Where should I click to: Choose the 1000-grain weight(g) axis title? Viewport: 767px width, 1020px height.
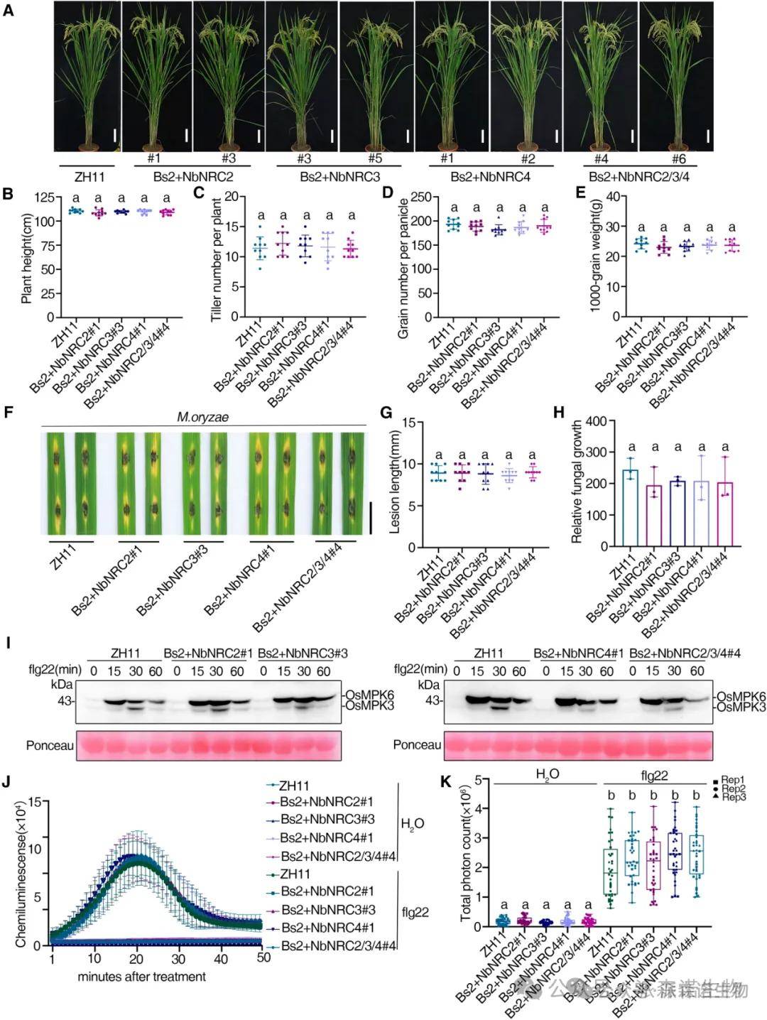click(595, 256)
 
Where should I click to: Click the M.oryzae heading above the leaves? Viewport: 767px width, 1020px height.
click(202, 417)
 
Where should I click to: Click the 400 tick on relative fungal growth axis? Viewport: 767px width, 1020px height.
click(599, 422)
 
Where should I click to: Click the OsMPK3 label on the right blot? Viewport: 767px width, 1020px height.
click(741, 707)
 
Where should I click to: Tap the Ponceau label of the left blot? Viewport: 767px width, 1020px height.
click(50, 745)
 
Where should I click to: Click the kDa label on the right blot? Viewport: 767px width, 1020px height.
click(429, 685)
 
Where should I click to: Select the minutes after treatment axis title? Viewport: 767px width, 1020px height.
click(141, 977)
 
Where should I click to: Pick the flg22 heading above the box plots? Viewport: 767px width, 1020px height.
click(653, 775)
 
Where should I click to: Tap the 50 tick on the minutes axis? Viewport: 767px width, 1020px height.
click(263, 957)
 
